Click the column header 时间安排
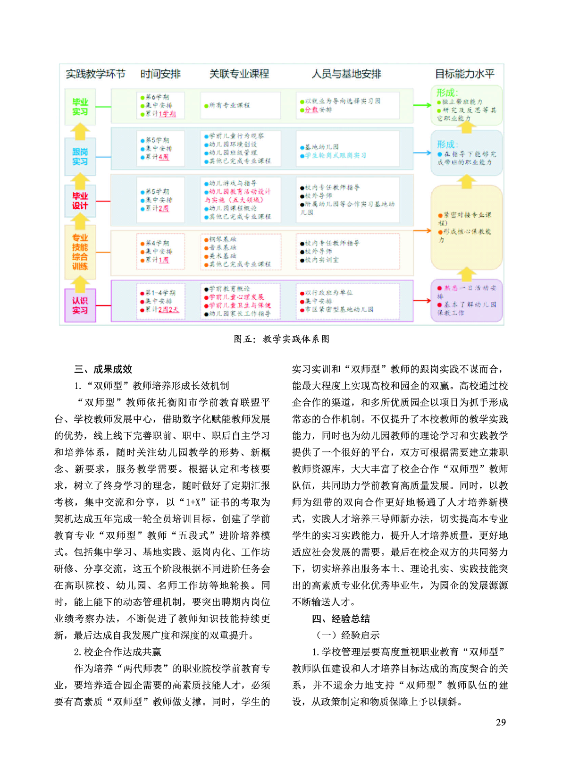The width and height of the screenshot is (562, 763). [x=160, y=74]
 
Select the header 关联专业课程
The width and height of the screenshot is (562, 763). [x=239, y=74]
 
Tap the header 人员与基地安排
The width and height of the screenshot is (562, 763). [x=346, y=74]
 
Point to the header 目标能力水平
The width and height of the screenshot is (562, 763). [x=464, y=74]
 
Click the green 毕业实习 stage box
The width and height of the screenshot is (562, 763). [x=80, y=107]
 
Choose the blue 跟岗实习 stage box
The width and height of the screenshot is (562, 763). [x=80, y=157]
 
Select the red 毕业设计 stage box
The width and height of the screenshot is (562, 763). [x=80, y=201]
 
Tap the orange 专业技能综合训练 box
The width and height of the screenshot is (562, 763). [x=80, y=252]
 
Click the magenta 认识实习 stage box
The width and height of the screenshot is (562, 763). [x=80, y=305]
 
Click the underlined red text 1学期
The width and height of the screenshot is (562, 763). [x=167, y=114]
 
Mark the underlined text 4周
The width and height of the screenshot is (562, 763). [x=163, y=157]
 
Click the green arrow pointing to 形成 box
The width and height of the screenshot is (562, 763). [x=422, y=105]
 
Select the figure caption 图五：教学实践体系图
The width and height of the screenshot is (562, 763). [x=282, y=339]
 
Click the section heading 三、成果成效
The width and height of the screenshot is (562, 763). [x=103, y=369]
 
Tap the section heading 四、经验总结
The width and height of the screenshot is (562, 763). [x=341, y=619]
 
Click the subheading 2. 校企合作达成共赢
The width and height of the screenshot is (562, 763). [x=117, y=652]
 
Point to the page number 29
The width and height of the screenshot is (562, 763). [x=501, y=722]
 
